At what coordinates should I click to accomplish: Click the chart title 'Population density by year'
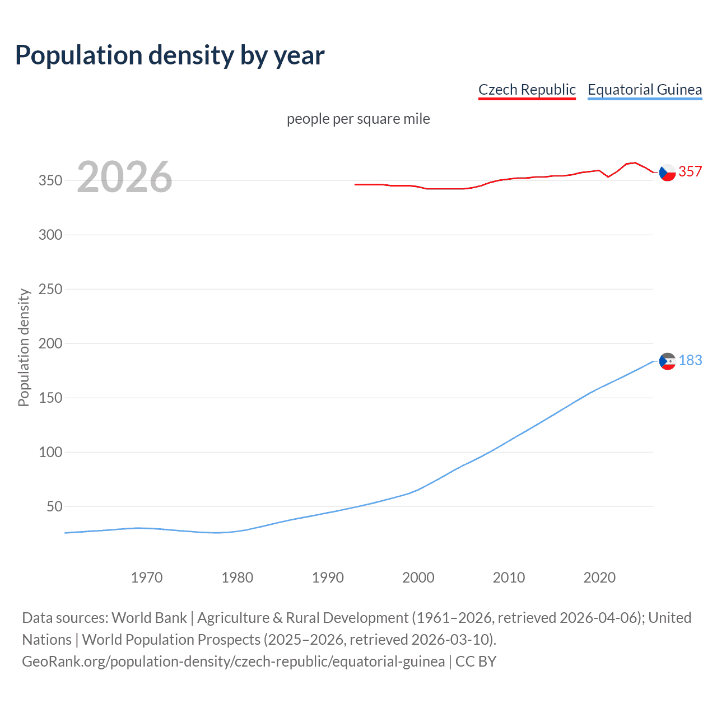click(170, 55)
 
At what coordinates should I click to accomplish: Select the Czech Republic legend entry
click(527, 90)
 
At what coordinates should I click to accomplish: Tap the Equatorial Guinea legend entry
click(644, 90)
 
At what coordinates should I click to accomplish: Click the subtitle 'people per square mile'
click(358, 119)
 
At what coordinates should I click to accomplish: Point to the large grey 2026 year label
click(124, 177)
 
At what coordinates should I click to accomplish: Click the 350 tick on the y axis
click(50, 180)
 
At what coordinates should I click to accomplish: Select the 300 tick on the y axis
click(50, 235)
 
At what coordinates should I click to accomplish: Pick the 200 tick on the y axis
click(50, 343)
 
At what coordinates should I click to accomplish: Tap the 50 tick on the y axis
click(54, 506)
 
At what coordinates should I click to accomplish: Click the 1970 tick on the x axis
click(147, 578)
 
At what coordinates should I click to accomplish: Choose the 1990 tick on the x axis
click(328, 578)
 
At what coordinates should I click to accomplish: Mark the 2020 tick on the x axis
click(599, 578)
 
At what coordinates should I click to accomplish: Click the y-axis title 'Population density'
click(24, 347)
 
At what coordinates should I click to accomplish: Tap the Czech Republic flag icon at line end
click(667, 173)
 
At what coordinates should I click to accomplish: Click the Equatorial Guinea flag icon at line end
click(667, 361)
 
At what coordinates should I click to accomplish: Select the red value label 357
click(690, 171)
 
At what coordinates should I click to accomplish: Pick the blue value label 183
click(690, 360)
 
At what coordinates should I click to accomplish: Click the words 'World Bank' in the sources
click(149, 617)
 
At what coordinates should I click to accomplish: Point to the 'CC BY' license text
click(476, 661)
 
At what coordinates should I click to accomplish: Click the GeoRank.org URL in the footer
click(233, 661)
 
